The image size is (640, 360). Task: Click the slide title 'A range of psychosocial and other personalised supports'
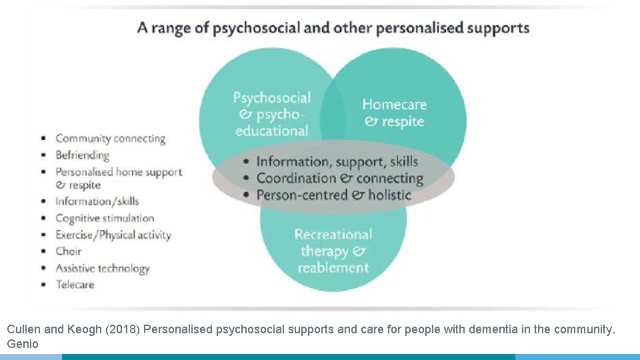333,28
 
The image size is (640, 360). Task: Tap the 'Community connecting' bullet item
110,139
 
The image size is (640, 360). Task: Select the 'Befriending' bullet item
82,155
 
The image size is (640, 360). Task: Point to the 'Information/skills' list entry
97,201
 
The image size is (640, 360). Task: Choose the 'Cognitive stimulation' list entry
105,218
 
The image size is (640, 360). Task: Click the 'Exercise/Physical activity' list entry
113,235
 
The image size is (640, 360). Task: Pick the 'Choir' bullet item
69,251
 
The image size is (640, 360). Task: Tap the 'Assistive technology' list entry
103,268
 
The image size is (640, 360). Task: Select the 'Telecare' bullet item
75,285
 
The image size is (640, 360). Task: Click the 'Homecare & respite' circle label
394,113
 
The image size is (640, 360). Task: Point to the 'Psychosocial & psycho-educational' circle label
271,114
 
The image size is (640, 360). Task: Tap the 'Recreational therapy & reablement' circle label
333,251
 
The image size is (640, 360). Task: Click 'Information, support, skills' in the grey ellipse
337,161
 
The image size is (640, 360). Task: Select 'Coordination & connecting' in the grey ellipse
339,178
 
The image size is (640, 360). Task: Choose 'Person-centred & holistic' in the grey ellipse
333,195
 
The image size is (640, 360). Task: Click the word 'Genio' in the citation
23,344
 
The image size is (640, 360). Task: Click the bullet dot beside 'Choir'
43,252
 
